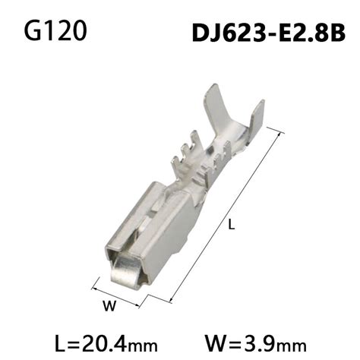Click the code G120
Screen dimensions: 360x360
(x=54, y=32)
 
